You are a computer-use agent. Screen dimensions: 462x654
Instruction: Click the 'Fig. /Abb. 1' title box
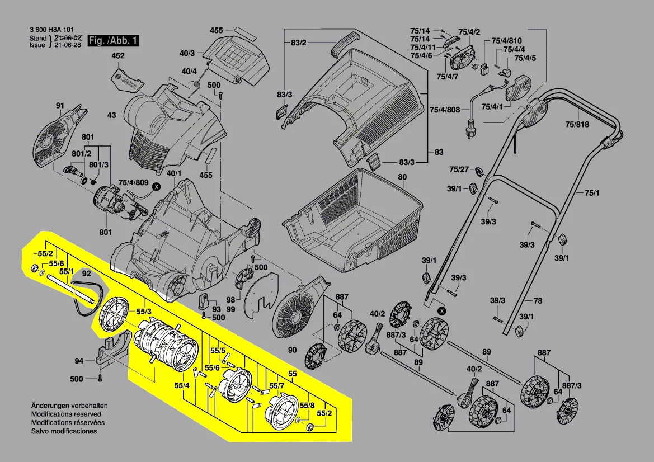click(113, 41)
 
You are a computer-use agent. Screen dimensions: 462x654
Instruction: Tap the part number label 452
click(117, 56)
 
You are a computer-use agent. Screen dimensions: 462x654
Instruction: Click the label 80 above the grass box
click(402, 178)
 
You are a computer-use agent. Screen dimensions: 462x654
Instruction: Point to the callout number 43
click(112, 115)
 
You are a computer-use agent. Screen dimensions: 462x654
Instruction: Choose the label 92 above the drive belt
click(86, 274)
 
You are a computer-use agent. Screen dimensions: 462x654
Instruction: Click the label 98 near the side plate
click(230, 300)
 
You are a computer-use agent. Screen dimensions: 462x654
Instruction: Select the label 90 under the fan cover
click(291, 351)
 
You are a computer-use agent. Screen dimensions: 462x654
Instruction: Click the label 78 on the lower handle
click(538, 301)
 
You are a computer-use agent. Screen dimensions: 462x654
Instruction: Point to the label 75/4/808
click(445, 110)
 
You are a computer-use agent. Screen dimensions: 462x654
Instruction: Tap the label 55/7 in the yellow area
click(277, 386)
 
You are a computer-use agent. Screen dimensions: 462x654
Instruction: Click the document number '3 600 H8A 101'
click(51, 30)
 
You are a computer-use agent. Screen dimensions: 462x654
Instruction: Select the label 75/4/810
click(507, 41)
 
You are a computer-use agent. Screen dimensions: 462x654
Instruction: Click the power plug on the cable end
click(469, 132)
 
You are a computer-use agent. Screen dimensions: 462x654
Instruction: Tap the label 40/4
click(189, 71)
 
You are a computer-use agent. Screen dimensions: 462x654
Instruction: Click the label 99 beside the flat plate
click(230, 309)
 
